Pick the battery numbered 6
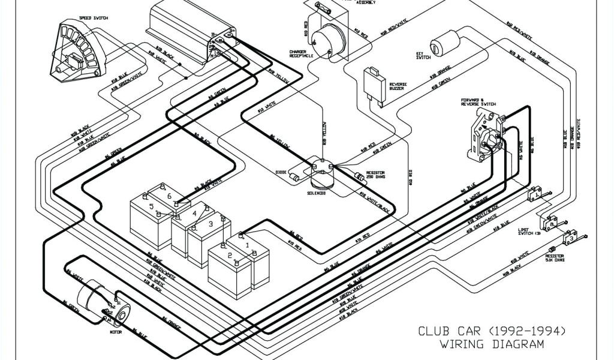pyautogui.click(x=170, y=196)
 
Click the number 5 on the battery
pyautogui.click(x=151, y=207)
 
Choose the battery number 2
pyautogui.click(x=229, y=256)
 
